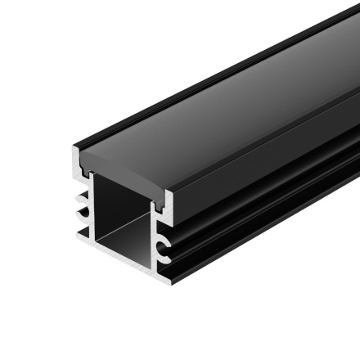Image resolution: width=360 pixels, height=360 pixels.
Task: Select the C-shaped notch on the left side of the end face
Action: pyautogui.click(x=83, y=212)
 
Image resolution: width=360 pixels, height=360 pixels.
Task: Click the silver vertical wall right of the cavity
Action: pyautogui.click(x=155, y=237)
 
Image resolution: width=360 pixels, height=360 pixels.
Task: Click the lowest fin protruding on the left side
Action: pyautogui.click(x=81, y=233)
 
